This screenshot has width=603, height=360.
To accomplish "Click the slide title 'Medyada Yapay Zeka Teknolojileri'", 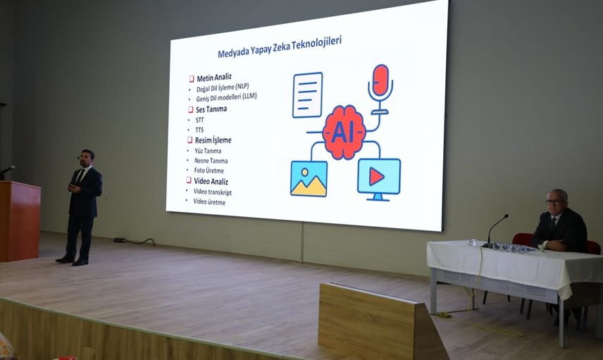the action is [280, 47].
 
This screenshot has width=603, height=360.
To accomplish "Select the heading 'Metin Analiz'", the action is [214, 77].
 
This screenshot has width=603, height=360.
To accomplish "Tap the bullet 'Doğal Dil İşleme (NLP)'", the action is [223, 87].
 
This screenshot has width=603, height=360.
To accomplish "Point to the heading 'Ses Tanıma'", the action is [211, 109].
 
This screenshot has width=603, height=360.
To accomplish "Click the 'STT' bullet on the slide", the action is [199, 120].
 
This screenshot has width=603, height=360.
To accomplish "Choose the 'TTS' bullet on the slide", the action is [199, 130].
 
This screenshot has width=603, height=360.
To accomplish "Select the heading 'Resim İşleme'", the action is [213, 140].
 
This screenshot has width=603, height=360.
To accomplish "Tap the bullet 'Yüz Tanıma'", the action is [208, 151].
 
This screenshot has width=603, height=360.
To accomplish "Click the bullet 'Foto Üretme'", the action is [209, 170].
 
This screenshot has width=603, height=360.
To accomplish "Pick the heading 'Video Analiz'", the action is [211, 181].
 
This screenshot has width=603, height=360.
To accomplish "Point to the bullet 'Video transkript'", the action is [212, 192].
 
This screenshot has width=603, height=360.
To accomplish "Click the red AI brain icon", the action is [344, 132].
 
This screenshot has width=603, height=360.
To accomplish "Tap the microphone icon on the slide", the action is [380, 89].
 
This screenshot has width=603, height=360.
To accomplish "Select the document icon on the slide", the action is [307, 94].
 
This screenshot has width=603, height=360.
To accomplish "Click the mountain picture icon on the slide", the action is [309, 178].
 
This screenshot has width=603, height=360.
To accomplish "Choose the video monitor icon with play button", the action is [379, 179].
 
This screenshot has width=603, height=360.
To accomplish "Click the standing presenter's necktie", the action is [80, 177].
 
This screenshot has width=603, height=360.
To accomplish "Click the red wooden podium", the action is [19, 221].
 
